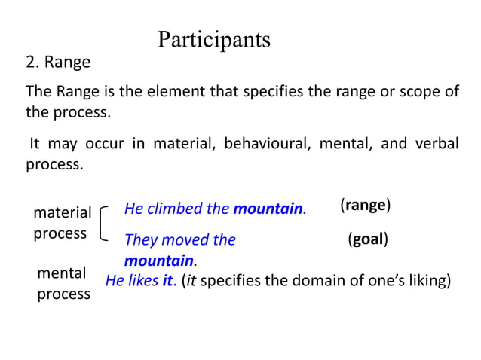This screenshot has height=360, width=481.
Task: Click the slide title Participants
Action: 214,39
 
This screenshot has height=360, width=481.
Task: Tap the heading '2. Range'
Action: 59,62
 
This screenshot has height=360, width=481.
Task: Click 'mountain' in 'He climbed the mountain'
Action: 268,209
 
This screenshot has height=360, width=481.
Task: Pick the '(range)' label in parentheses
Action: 365,205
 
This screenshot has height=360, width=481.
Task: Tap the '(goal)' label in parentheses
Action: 368,239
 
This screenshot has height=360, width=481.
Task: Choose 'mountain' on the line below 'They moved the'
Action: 158,261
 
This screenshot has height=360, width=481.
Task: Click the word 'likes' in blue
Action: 142,282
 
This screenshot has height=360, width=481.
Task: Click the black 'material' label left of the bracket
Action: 62,213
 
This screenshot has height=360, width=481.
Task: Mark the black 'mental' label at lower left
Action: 61,273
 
